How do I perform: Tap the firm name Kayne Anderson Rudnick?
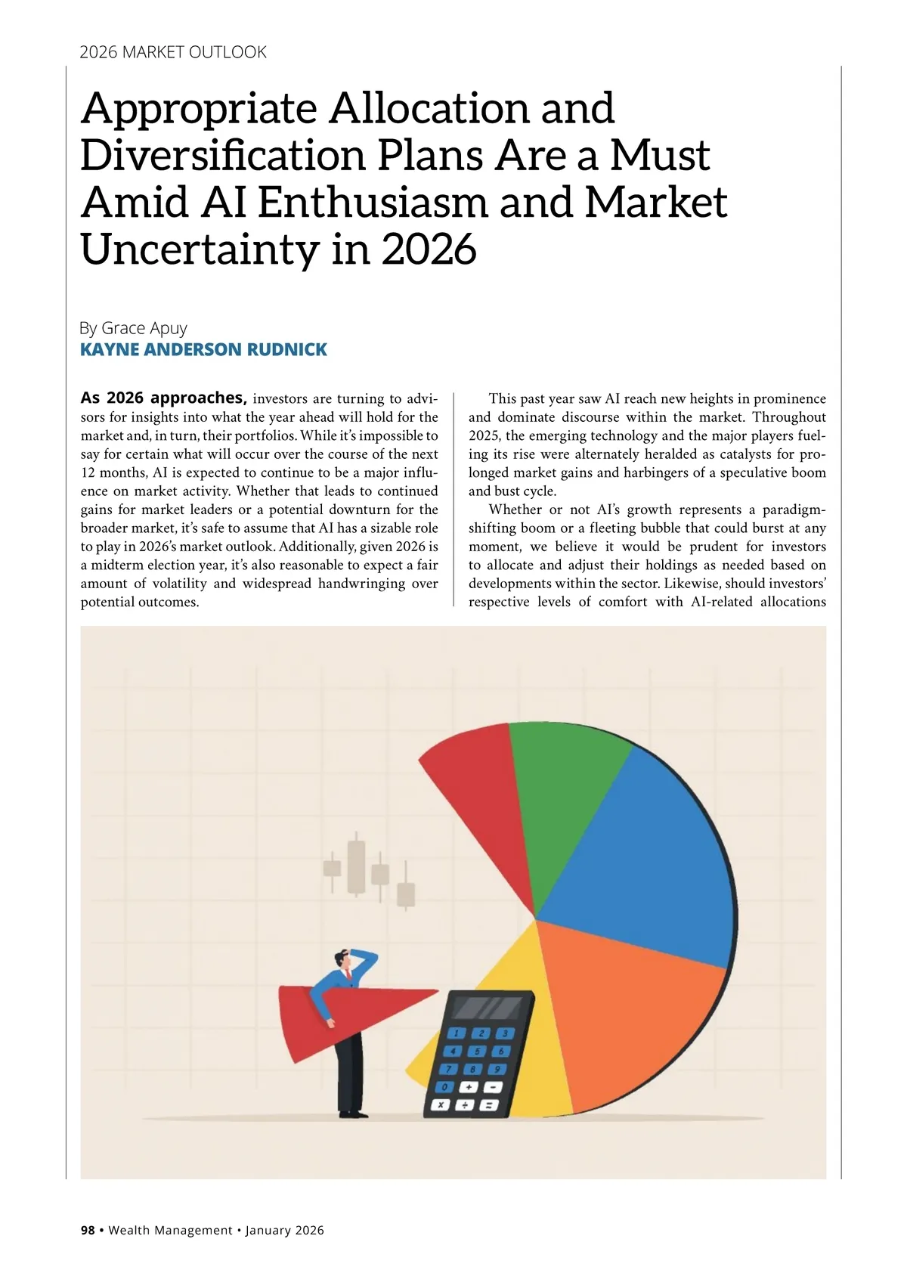[x=203, y=349]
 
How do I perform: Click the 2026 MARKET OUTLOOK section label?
[x=173, y=52]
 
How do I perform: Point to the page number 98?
[x=88, y=1230]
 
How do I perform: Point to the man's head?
[x=345, y=961]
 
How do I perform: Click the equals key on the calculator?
[x=488, y=1105]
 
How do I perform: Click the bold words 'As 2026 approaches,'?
[x=163, y=398]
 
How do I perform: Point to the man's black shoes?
[x=353, y=1113]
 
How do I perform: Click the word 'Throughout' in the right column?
[x=789, y=417]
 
